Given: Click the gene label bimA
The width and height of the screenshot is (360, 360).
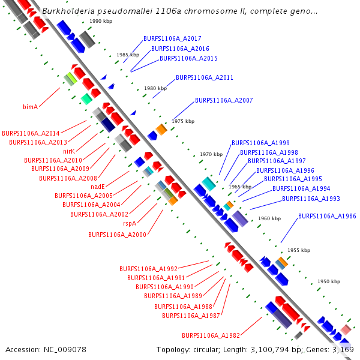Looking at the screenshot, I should (31, 107).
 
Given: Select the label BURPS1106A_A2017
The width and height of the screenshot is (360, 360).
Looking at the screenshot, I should (172, 38).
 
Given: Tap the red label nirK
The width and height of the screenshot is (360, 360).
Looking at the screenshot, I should (68, 151).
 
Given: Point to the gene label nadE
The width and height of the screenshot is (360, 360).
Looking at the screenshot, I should (98, 187).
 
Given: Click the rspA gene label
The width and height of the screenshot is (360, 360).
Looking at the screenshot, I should (130, 223).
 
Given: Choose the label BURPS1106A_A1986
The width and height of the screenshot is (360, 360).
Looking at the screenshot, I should (327, 216).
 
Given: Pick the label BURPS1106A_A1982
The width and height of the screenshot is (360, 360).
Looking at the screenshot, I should (211, 335).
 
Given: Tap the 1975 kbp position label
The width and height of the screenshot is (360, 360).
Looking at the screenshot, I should (183, 121).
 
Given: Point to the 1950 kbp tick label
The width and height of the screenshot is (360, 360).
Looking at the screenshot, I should (329, 281).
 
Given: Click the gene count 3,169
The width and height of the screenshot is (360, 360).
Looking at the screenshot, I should (343, 349).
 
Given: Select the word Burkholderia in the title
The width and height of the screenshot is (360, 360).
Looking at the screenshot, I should (68, 11).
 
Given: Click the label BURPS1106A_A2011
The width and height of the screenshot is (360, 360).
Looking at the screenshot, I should (205, 78).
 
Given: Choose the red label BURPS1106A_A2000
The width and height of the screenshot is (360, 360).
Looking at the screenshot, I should (117, 234).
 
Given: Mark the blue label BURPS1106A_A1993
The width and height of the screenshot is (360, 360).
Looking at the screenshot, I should (311, 199).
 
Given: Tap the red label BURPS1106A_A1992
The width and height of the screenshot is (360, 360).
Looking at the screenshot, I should (148, 269).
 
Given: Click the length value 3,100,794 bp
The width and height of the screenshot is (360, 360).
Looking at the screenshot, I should (271, 349).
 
